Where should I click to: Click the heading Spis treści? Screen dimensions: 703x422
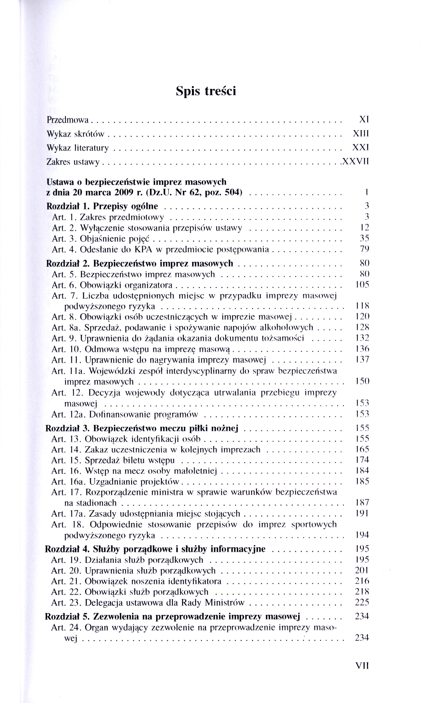pos(206,91)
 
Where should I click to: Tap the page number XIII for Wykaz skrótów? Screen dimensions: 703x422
pos(361,134)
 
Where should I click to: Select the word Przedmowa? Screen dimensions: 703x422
pos(68,120)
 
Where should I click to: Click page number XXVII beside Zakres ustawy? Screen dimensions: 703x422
pos(355,162)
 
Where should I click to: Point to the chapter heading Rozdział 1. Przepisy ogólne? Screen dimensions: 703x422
pos(102,206)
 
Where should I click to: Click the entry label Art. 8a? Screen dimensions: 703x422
pos(66,328)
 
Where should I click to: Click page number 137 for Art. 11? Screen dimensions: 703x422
pos(362,360)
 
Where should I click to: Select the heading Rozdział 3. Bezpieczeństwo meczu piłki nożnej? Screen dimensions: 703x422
pos(142,428)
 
